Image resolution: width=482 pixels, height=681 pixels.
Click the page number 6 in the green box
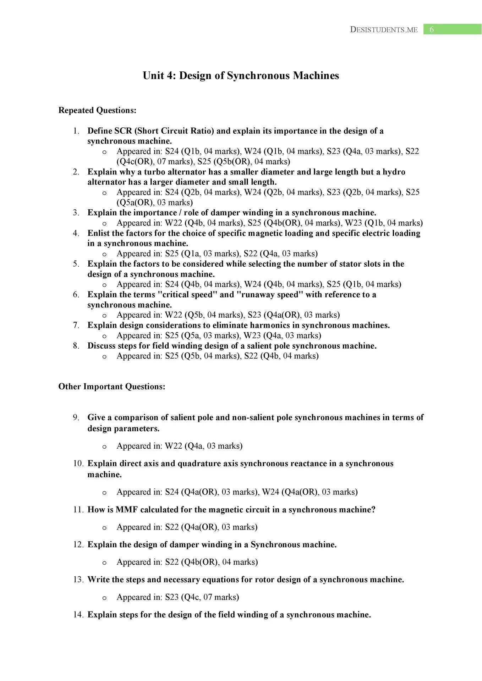tap(432, 29)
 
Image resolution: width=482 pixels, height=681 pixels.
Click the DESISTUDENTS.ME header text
tap(384, 29)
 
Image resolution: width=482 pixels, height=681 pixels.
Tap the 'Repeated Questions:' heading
tap(97, 110)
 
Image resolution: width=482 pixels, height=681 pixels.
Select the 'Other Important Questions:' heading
tap(112, 387)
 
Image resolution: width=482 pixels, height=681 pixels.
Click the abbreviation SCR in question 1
tap(123, 131)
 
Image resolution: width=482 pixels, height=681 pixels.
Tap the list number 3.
tap(76, 213)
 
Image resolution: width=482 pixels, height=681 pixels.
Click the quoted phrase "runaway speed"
tap(270, 295)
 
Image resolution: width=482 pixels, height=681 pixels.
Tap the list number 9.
tap(76, 417)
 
